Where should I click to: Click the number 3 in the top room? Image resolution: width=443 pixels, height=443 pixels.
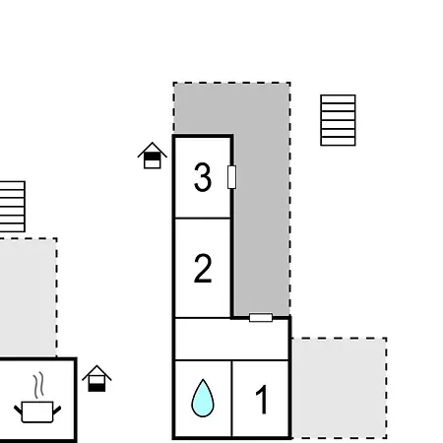[x=203, y=177]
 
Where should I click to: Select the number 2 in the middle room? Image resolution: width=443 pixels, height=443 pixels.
[x=203, y=268]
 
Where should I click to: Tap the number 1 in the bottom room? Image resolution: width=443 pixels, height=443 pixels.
[x=262, y=400]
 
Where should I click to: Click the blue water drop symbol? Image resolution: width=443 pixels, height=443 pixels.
[x=203, y=398]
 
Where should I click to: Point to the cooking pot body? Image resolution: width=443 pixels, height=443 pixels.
[x=37, y=411]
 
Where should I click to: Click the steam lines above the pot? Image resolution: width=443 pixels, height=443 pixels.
[x=38, y=385]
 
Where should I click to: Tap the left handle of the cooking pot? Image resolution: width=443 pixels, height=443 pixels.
[x=18, y=410]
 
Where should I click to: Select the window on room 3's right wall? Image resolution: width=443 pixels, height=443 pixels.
[x=231, y=177]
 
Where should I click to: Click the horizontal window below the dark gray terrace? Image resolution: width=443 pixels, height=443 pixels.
[x=261, y=318]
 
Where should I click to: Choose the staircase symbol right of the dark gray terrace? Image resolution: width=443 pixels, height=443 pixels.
[x=338, y=120]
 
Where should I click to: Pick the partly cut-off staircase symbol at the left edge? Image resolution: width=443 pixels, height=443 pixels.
[x=12, y=207]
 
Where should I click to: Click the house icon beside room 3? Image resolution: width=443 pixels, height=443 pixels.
[x=153, y=156]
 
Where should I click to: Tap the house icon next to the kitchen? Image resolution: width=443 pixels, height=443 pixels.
[x=96, y=378]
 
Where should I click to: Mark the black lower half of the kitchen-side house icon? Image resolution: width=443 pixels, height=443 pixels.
[x=96, y=388]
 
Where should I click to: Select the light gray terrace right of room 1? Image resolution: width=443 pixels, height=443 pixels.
[x=340, y=388]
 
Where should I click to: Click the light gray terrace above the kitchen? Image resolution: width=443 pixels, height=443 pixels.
[x=29, y=298]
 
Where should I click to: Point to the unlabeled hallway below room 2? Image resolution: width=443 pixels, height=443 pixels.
[x=232, y=339]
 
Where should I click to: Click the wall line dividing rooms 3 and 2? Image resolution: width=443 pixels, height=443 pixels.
[x=203, y=218]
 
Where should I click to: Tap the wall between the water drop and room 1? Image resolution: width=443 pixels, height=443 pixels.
[x=231, y=399]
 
